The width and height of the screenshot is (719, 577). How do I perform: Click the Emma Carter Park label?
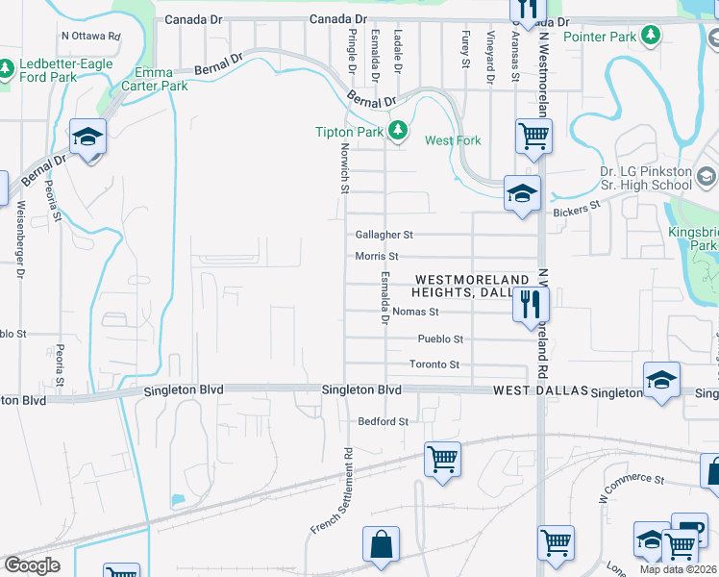tap(147, 79)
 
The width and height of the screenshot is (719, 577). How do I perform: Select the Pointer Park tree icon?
tap(652, 36)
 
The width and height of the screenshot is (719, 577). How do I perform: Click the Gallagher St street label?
tap(384, 235)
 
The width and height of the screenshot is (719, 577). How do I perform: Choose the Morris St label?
tap(377, 257)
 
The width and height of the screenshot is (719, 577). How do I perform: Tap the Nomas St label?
tap(415, 312)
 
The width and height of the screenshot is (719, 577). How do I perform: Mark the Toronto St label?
tap(434, 365)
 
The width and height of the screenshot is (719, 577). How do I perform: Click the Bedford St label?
tap(384, 421)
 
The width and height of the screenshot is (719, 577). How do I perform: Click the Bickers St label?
tap(576, 205)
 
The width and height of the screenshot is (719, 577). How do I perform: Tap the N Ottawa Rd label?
tap(90, 36)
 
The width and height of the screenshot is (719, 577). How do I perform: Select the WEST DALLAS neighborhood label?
tap(539, 391)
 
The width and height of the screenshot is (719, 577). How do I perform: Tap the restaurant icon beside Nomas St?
tap(531, 306)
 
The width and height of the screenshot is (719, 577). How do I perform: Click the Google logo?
tap(32, 565)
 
